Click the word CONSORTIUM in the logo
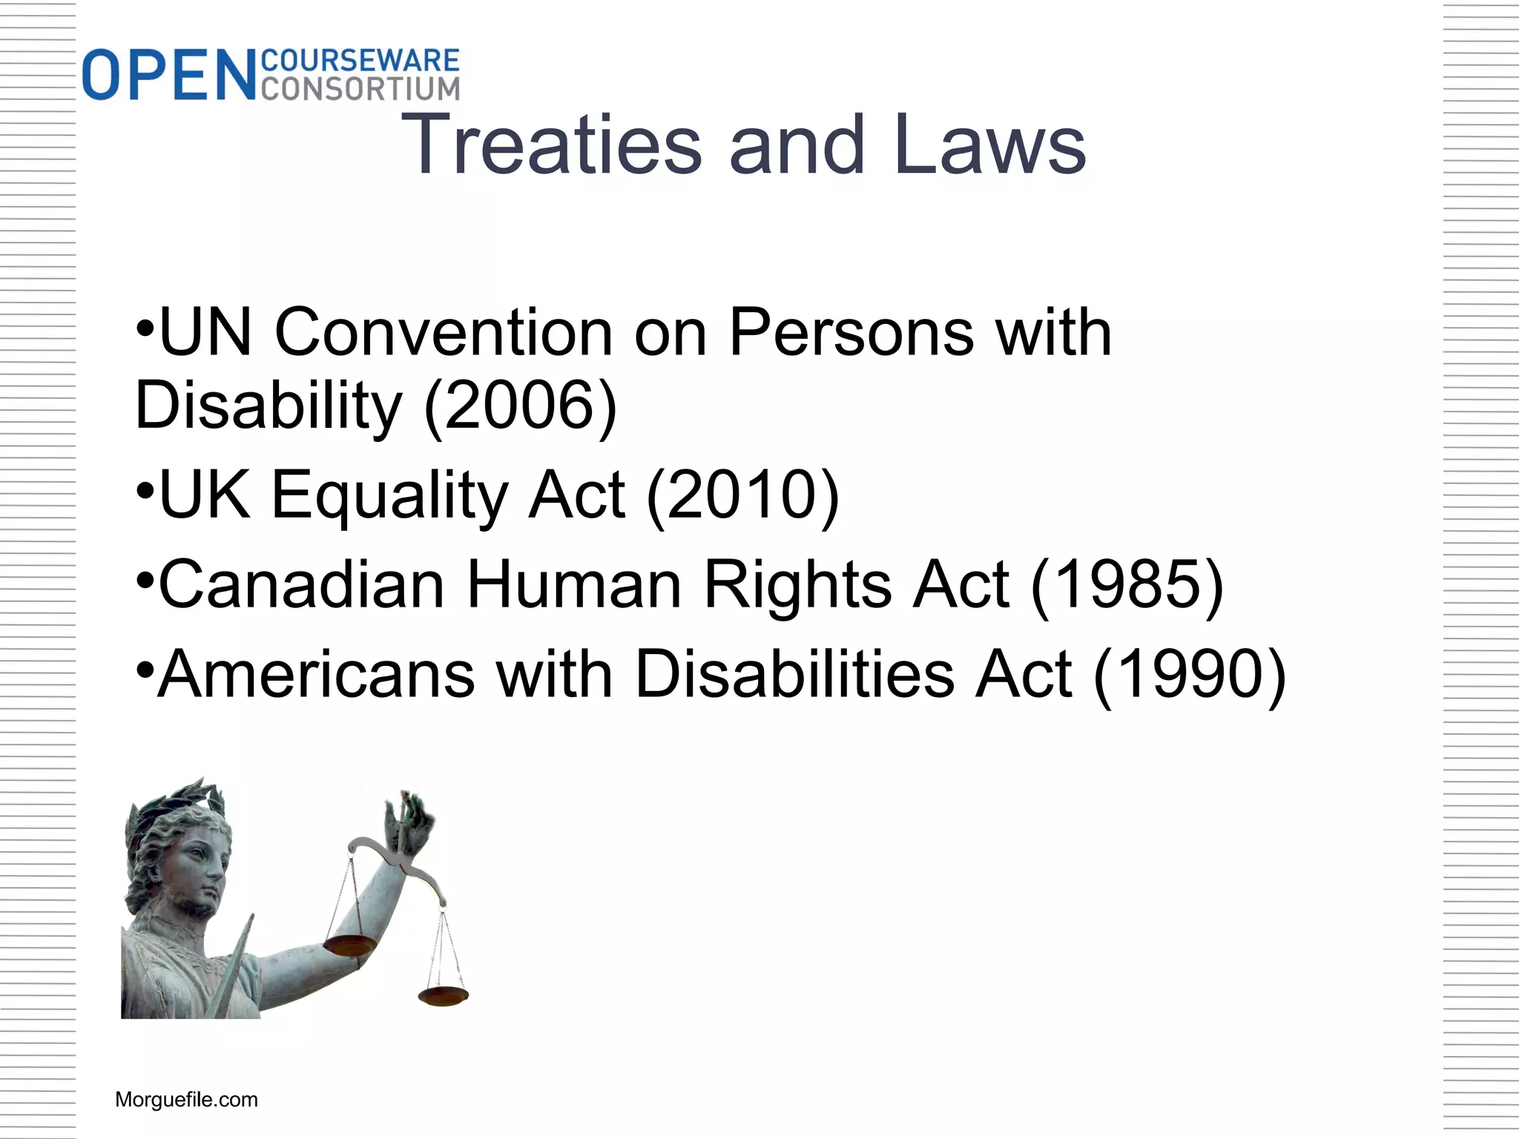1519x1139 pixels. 360,88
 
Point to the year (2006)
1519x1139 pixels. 521,406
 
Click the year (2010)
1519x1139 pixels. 743,495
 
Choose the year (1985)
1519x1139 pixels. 1127,584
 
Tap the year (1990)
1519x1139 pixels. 1190,674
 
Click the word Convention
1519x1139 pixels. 444,332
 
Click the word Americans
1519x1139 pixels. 316,674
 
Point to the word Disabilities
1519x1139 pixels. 795,674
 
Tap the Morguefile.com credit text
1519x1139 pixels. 186,1100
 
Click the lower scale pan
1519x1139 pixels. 443,996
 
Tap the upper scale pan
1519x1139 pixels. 350,945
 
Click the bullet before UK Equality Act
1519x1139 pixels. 145,490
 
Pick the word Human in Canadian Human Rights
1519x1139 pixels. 574,584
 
